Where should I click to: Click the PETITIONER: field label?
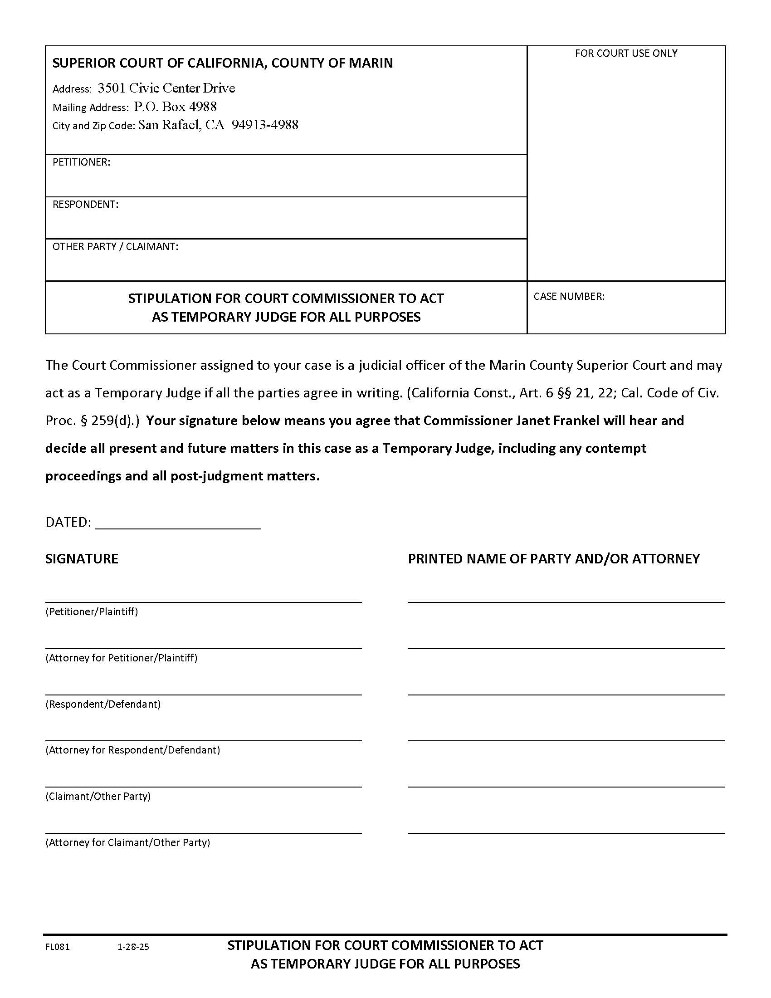[x=81, y=162]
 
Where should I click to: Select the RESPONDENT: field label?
[x=85, y=204]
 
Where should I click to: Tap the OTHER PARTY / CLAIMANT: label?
[x=115, y=246]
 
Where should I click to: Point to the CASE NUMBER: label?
[x=569, y=296]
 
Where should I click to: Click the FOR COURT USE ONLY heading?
[x=626, y=53]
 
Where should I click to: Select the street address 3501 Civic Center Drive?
[x=166, y=88]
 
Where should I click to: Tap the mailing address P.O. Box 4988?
[x=176, y=107]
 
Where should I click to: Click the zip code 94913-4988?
[x=265, y=125]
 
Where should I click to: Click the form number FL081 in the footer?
[x=58, y=947]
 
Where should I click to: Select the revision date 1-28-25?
[x=133, y=947]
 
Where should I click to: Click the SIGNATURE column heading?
[x=82, y=558]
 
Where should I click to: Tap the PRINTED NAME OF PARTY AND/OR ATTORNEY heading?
[x=554, y=558]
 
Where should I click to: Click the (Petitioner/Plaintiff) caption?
[x=91, y=612]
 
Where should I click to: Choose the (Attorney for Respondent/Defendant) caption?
[x=132, y=750]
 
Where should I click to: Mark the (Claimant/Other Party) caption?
[x=98, y=796]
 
